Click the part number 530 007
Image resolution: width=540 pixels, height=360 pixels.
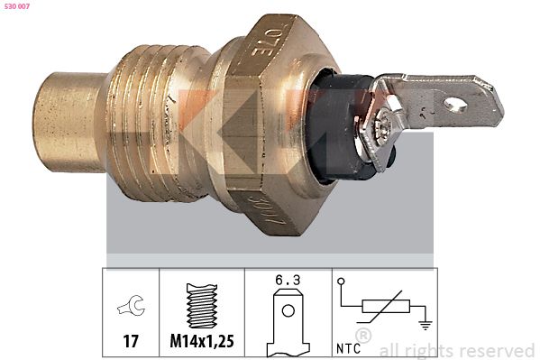[x=19, y=7]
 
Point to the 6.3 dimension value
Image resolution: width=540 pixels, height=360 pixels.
[x=287, y=281]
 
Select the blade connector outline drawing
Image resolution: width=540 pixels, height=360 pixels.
[x=287, y=321]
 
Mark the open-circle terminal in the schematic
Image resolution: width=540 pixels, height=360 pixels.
[x=342, y=282]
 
